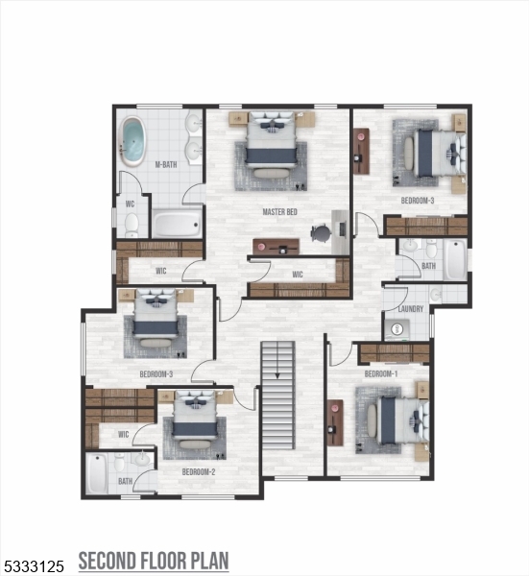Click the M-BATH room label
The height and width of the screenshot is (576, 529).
pyautogui.click(x=166, y=165)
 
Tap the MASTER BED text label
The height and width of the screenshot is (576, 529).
pyautogui.click(x=279, y=211)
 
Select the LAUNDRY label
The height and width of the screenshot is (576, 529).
pyautogui.click(x=411, y=309)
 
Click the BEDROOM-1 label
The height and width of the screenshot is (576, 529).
pyautogui.click(x=380, y=373)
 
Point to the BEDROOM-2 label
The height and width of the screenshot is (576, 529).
pyautogui.click(x=198, y=472)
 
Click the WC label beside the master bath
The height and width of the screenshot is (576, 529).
pyautogui.click(x=130, y=204)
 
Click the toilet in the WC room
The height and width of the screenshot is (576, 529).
pyautogui.click(x=132, y=224)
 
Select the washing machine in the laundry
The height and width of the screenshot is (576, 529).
pyautogui.click(x=397, y=329)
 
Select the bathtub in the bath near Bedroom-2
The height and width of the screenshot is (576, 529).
pyautogui.click(x=97, y=473)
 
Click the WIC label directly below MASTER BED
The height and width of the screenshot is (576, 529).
pyautogui.click(x=299, y=276)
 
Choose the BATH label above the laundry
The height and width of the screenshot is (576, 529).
pyautogui.click(x=428, y=266)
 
